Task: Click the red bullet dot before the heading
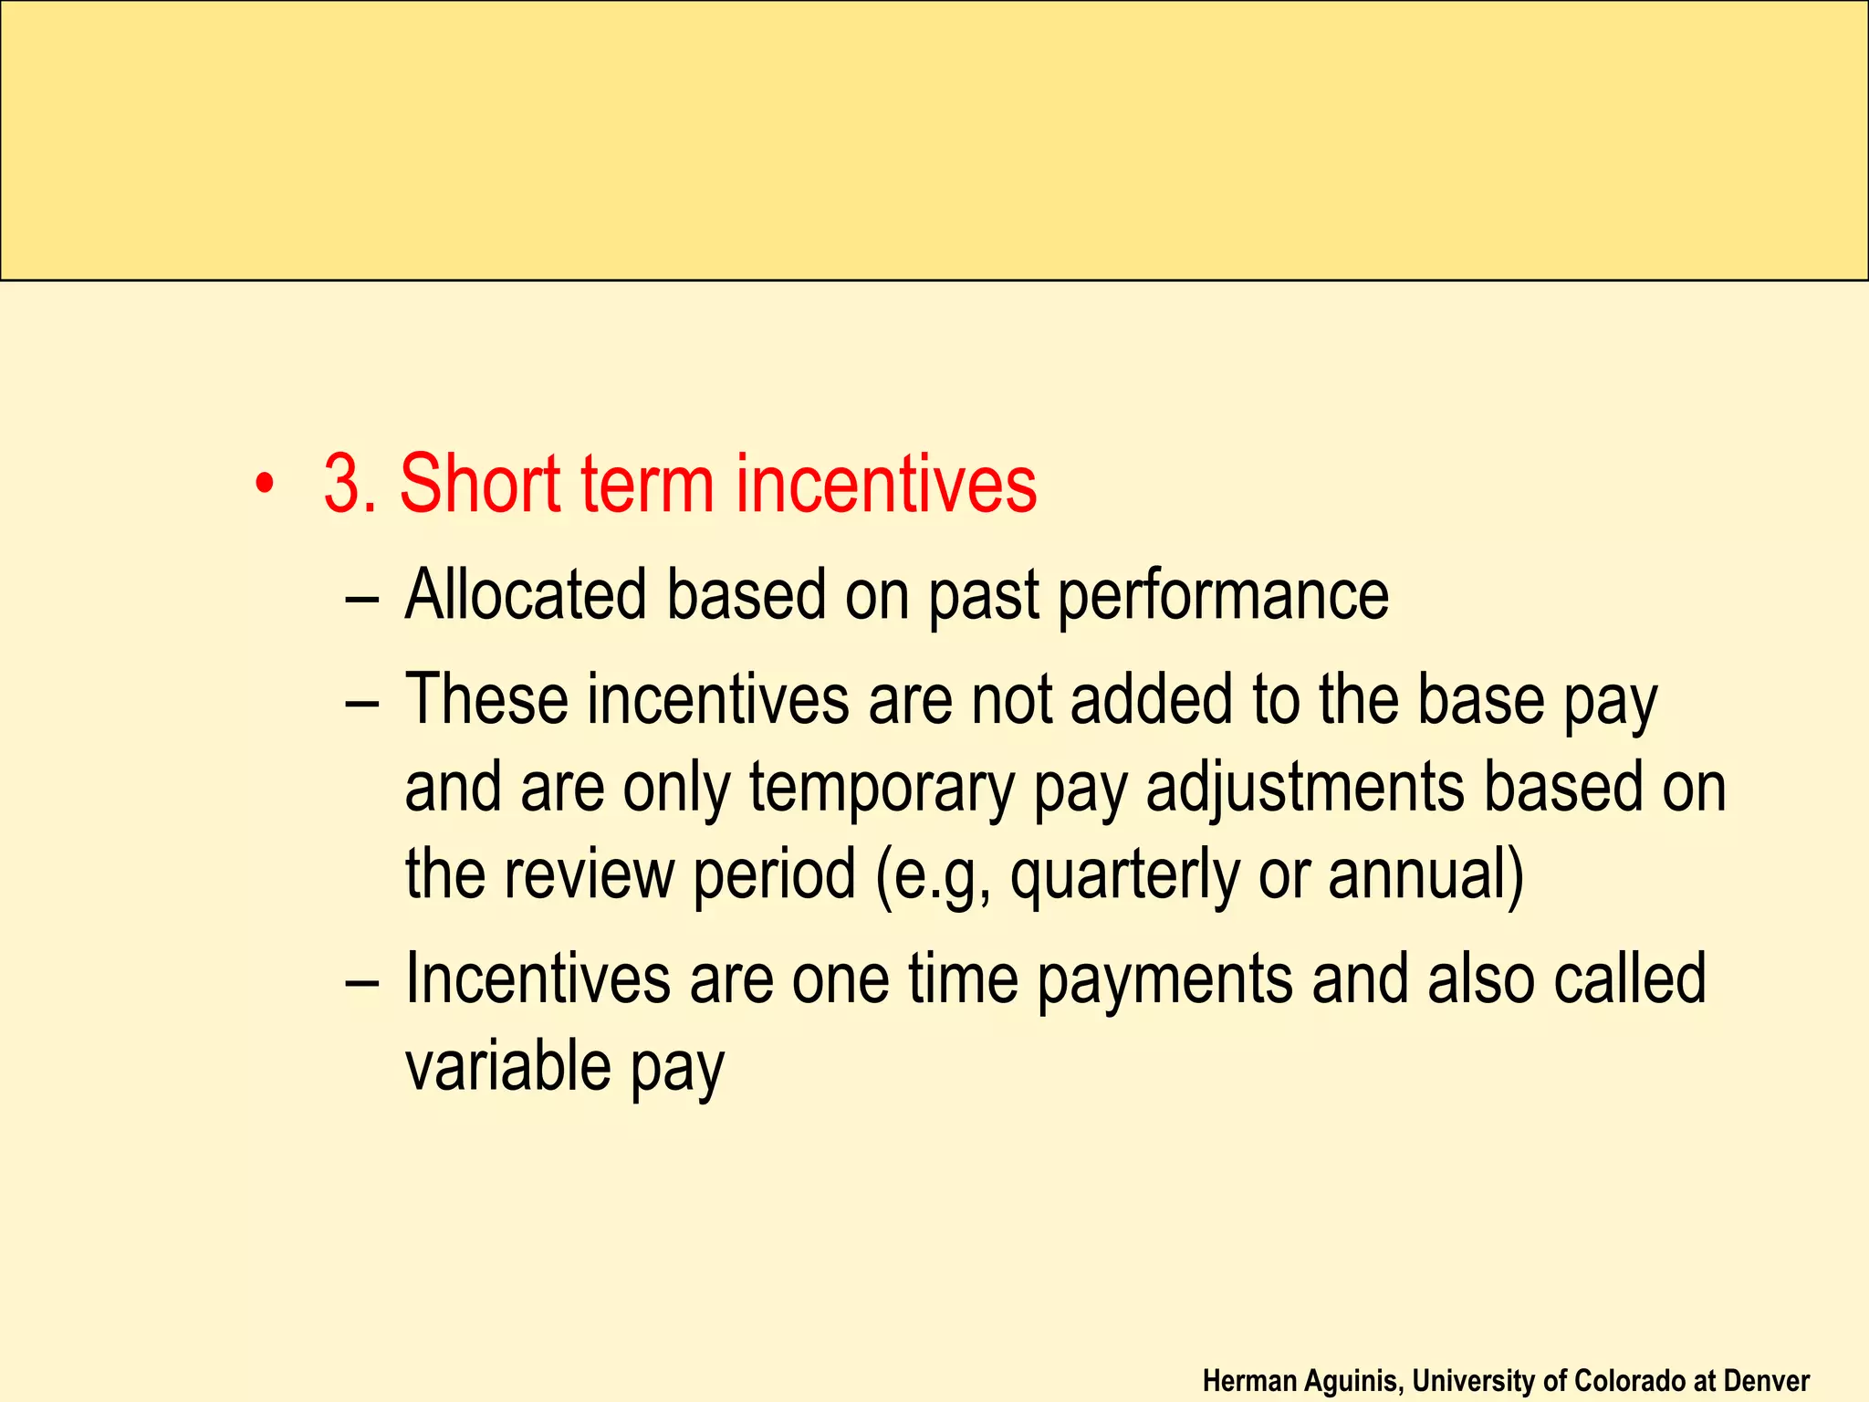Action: [265, 485]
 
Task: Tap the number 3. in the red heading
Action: [350, 484]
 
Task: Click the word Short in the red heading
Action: [480, 484]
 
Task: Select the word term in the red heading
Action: [647, 484]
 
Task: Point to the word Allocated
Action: [526, 595]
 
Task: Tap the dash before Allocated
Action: [362, 599]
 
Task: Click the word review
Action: [588, 874]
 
